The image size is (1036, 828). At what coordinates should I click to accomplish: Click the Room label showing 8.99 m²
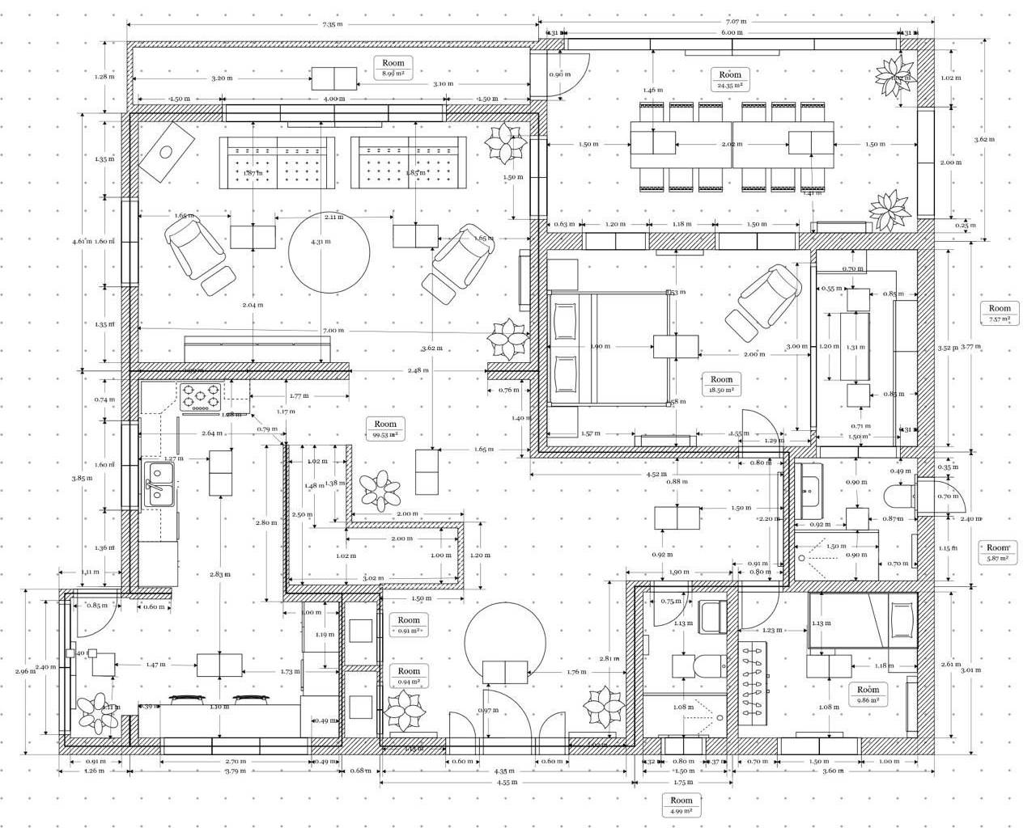pyautogui.click(x=393, y=67)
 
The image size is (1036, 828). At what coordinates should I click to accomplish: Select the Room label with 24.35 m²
pyautogui.click(x=729, y=79)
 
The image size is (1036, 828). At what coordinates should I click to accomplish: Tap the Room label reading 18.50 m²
pyautogui.click(x=720, y=384)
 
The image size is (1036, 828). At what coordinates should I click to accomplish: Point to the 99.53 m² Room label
pyautogui.click(x=385, y=429)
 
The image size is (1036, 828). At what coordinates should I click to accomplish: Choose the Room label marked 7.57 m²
pyautogui.click(x=1000, y=313)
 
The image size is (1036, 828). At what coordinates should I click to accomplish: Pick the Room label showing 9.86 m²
pyautogui.click(x=868, y=695)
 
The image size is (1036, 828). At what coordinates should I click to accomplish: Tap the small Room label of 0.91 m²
pyautogui.click(x=409, y=625)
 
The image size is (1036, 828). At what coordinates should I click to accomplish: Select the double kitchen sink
pyautogui.click(x=159, y=483)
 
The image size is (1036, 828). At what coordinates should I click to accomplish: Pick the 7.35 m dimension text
pyautogui.click(x=333, y=24)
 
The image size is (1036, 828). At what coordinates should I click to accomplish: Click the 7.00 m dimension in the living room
pyautogui.click(x=333, y=330)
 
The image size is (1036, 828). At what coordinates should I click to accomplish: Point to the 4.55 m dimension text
pyautogui.click(x=507, y=782)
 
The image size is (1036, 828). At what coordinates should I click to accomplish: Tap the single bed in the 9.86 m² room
pyautogui.click(x=862, y=620)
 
